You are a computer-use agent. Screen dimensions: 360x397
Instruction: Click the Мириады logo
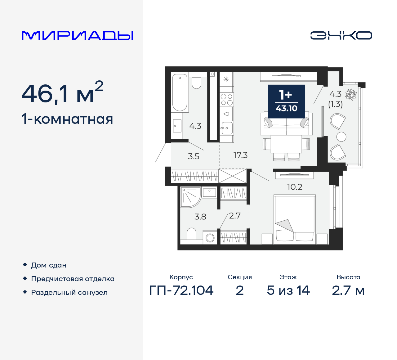78,35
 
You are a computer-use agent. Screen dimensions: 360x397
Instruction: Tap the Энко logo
341,35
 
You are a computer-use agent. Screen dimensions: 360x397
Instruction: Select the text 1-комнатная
67,119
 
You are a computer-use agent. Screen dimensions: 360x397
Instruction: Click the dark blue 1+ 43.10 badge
286,101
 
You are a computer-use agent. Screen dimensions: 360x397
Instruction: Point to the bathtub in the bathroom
180,92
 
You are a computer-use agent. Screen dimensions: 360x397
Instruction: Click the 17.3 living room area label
240,155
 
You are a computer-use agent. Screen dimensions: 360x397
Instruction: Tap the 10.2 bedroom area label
294,187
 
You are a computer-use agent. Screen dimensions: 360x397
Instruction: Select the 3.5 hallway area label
194,156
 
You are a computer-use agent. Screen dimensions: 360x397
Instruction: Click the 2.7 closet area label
235,216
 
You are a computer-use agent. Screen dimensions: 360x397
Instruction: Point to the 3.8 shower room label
200,217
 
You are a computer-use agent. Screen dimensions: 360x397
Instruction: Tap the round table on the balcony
341,137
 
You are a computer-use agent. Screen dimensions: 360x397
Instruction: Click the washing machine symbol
210,238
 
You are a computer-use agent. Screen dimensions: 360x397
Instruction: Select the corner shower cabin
190,196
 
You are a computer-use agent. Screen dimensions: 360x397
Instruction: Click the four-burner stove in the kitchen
226,100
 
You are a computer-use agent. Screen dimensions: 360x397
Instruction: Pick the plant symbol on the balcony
351,94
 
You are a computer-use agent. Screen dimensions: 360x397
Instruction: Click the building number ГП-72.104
181,290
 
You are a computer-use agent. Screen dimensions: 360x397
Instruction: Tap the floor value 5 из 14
288,290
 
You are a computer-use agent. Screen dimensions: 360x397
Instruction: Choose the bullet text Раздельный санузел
69,292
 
